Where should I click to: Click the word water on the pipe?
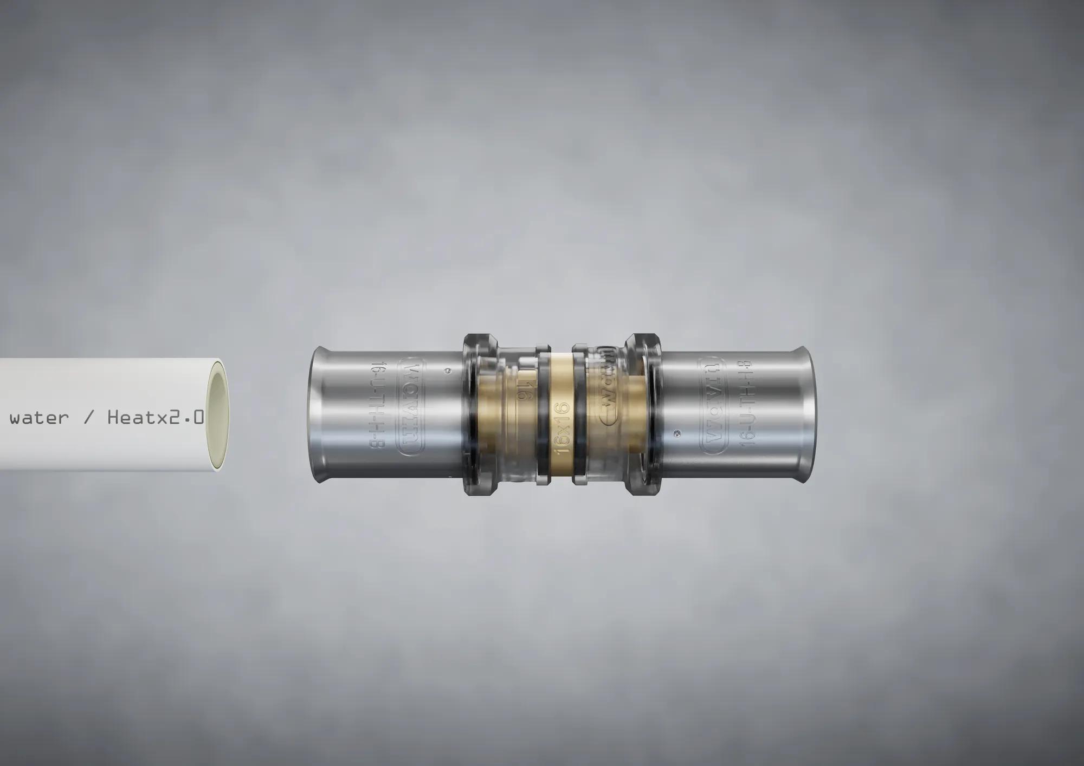coord(39,418)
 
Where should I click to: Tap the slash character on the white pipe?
coord(88,418)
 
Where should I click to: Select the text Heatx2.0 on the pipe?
coord(156,417)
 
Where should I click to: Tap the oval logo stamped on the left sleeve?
coord(411,407)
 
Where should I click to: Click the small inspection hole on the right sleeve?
coord(676,432)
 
